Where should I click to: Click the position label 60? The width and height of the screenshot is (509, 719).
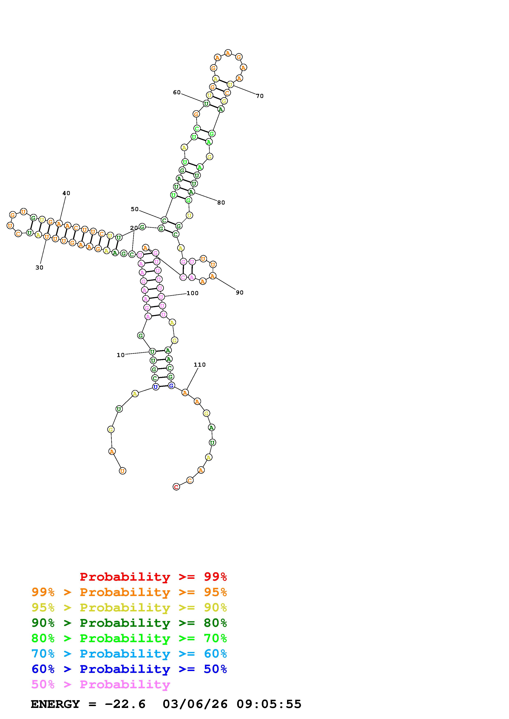tap(177, 92)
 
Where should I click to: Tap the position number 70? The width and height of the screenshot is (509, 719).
tap(260, 96)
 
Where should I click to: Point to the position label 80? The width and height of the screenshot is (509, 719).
tap(221, 203)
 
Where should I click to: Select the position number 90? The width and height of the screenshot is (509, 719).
tap(240, 292)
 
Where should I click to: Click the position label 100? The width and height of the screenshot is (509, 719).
tap(193, 293)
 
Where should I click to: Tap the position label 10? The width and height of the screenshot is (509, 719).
tap(121, 355)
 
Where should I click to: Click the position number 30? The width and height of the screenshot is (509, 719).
tap(39, 267)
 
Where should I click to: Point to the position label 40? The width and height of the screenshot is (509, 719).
tap(66, 193)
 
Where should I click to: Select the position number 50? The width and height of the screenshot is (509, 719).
tap(134, 209)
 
